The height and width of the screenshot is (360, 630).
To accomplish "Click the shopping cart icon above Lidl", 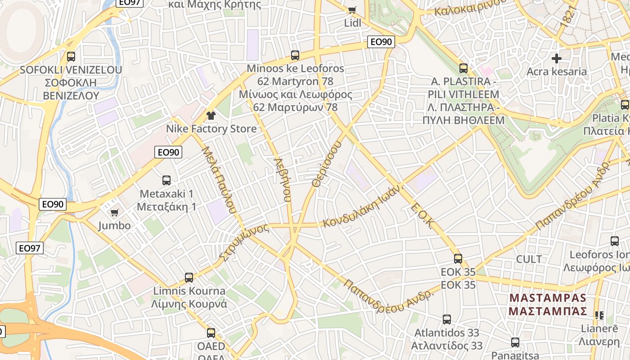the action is (352, 10).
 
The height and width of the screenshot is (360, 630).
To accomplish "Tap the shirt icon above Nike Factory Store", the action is (211, 116).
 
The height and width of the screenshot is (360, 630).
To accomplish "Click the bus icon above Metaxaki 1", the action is (166, 180).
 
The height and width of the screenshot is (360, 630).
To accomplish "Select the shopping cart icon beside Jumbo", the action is (115, 212).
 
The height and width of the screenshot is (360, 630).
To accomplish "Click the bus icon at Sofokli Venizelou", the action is (71, 57).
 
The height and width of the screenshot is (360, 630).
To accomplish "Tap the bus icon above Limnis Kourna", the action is (189, 278).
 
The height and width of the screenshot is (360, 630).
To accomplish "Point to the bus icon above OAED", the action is (211, 333).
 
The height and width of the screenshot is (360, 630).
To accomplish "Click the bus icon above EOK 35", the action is (458, 259).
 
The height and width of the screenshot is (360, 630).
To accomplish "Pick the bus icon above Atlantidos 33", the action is (447, 319).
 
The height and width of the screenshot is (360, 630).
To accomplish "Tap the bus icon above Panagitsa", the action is (515, 342).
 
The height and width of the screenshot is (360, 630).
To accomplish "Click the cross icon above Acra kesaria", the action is (557, 58).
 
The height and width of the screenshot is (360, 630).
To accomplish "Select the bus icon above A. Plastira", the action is (463, 68).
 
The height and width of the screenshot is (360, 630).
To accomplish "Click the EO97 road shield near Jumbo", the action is (30, 248).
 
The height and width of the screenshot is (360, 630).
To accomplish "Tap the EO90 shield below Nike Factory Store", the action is (168, 152).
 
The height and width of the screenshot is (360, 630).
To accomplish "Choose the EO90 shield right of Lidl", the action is (381, 42).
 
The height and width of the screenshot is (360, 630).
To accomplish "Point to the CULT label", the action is (529, 259).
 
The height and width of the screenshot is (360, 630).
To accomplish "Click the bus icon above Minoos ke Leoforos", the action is (295, 55).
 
